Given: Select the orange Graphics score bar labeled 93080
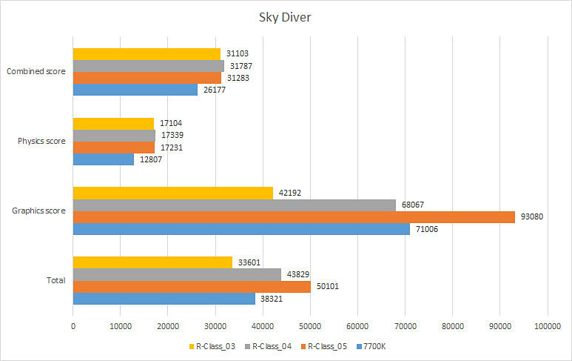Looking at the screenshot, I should pyautogui.click(x=294, y=216).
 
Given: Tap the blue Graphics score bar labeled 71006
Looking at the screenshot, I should pyautogui.click(x=241, y=229).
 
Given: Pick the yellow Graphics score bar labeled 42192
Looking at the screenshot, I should pyautogui.click(x=173, y=193).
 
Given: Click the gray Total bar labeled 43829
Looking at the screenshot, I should pyautogui.click(x=177, y=274).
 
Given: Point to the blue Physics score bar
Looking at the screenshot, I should pyautogui.click(x=103, y=159).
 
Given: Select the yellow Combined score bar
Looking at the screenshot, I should pyautogui.click(x=147, y=54).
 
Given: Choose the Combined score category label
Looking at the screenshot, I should pyautogui.click(x=36, y=72).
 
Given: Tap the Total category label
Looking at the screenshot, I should pyautogui.click(x=56, y=280).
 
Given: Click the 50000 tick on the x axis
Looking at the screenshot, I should pyautogui.click(x=309, y=325).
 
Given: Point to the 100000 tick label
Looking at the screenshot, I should pyautogui.click(x=546, y=325).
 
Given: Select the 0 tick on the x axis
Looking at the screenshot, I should pyautogui.click(x=73, y=325).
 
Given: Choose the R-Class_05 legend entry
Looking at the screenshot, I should pyautogui.click(x=324, y=345).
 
